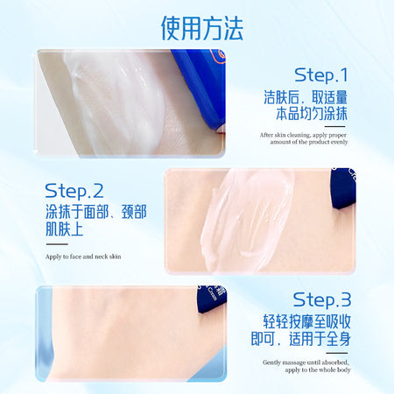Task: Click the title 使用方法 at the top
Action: [202, 28]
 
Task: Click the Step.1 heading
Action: [321, 75]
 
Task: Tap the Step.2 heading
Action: [74, 191]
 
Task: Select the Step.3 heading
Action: [322, 299]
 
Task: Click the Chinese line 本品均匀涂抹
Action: [312, 114]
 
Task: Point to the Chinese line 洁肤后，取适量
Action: [306, 97]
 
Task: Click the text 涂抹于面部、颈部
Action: [96, 212]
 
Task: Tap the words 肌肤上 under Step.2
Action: [65, 229]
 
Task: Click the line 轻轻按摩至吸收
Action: [306, 321]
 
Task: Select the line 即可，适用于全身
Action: [301, 339]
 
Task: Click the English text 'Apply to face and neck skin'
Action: [83, 257]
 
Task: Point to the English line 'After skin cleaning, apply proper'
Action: [303, 135]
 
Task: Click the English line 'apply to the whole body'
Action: [318, 369]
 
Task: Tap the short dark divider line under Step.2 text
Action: [57, 244]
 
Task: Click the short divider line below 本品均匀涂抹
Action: [335, 127]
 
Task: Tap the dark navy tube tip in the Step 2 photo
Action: [343, 189]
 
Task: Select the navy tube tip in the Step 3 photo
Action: [212, 299]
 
